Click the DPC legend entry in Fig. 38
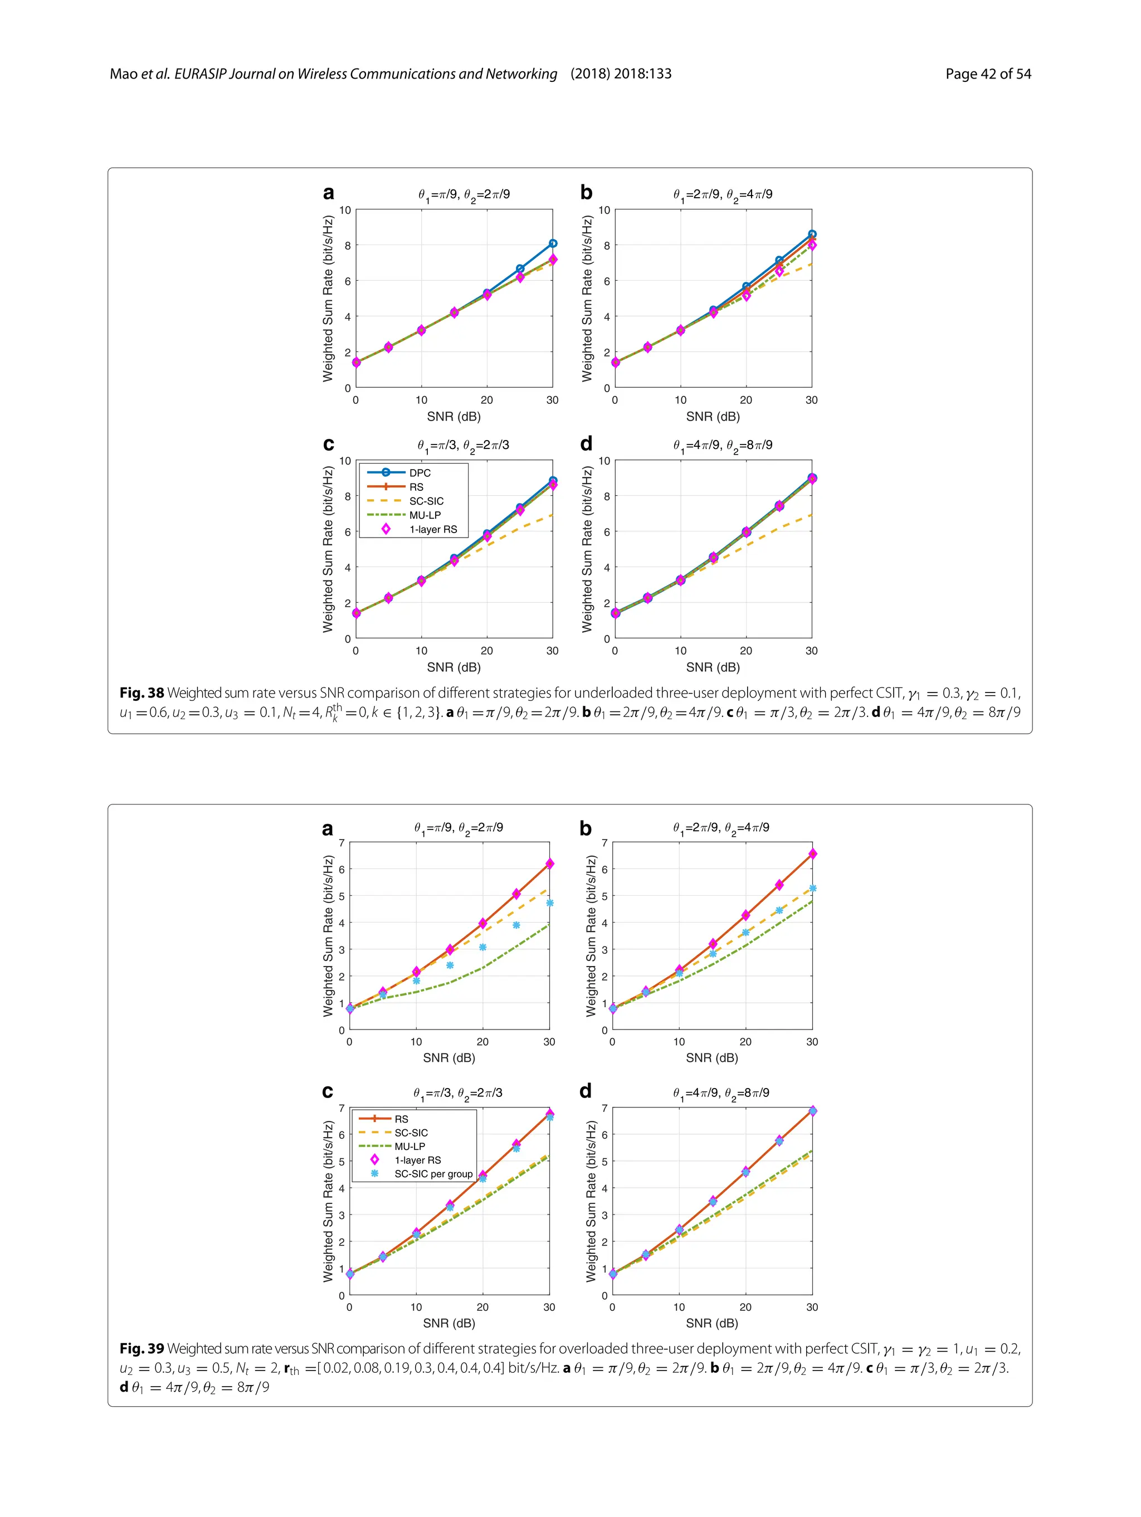coord(420,472)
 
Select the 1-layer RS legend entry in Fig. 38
coord(433,529)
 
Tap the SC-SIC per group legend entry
coord(433,1173)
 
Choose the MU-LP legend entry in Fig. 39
coord(409,1146)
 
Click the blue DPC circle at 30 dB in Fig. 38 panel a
coord(553,243)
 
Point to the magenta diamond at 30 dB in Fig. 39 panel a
coord(549,864)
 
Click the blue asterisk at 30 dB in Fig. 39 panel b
coord(812,888)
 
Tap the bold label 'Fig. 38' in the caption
coord(142,694)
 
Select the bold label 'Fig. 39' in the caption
coord(142,1348)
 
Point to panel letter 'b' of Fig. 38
coord(586,193)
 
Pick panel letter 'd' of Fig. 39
coord(586,1091)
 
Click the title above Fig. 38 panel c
coord(463,446)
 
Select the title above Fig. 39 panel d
coord(721,1093)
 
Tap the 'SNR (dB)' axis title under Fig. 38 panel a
coord(454,416)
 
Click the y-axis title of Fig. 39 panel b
coord(591,935)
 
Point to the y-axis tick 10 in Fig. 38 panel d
coord(604,461)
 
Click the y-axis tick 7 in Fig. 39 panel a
coord(342,842)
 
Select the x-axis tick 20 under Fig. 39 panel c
coord(482,1307)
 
